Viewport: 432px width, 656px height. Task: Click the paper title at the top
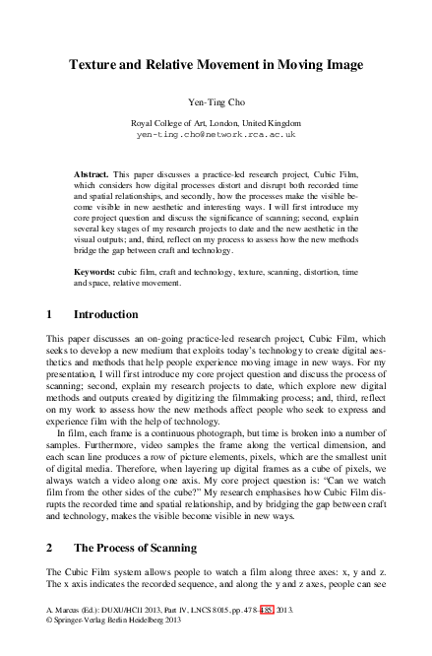(x=216, y=65)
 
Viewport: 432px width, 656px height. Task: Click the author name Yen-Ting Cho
(x=216, y=101)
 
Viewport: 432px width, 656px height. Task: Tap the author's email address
(x=216, y=132)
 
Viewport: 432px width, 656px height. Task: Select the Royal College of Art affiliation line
(x=216, y=120)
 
